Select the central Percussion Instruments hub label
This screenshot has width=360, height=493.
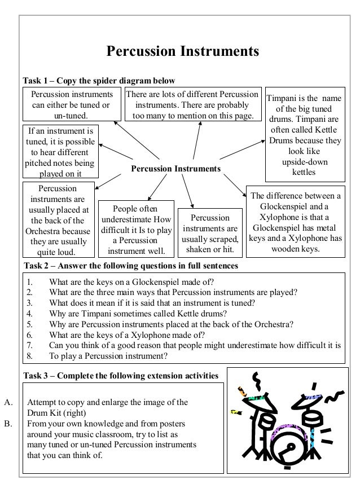(x=175, y=169)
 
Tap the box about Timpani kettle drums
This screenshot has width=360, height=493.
(x=303, y=135)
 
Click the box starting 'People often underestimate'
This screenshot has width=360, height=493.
(x=136, y=229)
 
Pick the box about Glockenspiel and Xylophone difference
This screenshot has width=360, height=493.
(x=296, y=222)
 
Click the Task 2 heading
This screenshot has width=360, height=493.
(x=130, y=265)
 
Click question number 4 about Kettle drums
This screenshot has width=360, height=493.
(x=138, y=313)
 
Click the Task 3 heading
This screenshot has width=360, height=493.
(x=121, y=376)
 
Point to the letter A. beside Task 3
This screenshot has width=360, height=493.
(x=8, y=403)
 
